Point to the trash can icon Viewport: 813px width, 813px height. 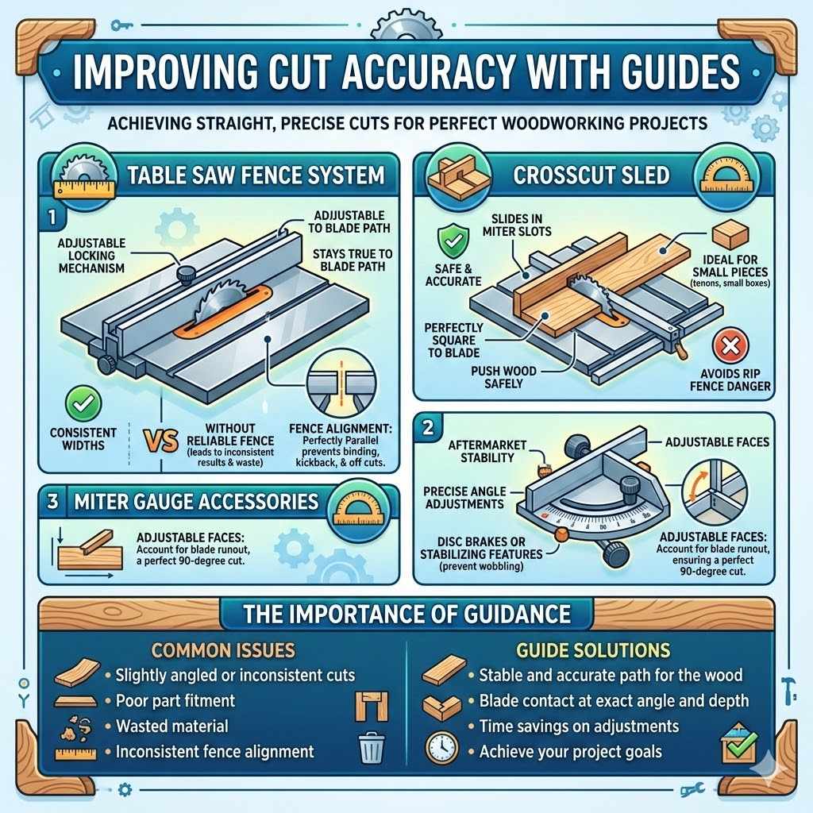pyautogui.click(x=372, y=749)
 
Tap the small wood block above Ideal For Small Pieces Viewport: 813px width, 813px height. pyautogui.click(x=729, y=236)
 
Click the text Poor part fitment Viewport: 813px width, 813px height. pyautogui.click(x=175, y=700)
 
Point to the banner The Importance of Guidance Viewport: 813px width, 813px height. pyautogui.click(x=406, y=614)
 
